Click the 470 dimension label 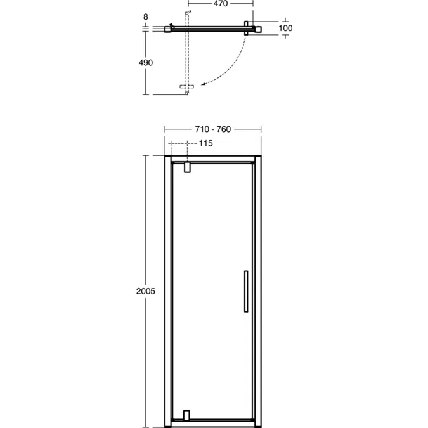[219, 4]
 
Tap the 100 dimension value [285, 28]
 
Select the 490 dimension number [145, 62]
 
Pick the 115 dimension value [205, 143]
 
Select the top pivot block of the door [186, 167]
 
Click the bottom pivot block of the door [186, 415]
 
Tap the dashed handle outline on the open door [187, 86]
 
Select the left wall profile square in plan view [168, 29]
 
